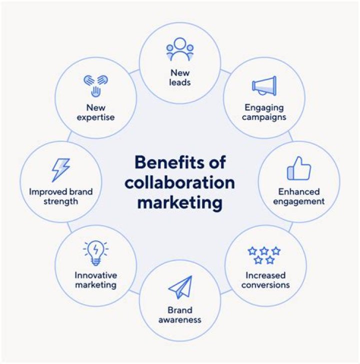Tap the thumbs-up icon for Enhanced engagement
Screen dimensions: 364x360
point(299,169)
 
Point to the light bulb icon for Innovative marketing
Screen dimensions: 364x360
point(95,253)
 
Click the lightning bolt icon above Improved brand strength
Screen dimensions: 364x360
point(61,170)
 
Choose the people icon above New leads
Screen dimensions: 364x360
point(179,50)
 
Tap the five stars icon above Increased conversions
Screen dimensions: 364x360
point(264,255)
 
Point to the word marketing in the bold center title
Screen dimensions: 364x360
point(179,203)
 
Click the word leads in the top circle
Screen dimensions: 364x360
point(179,82)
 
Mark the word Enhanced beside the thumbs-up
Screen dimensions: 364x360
point(299,192)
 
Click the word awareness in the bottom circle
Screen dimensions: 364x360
point(179,320)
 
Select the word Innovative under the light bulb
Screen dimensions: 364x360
point(95,275)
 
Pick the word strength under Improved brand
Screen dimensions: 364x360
point(61,201)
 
